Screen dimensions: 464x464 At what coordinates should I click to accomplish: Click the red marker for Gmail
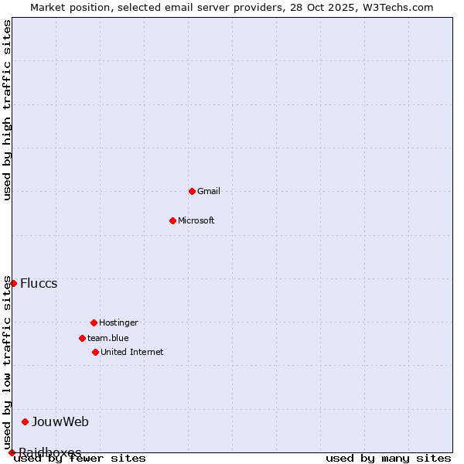[192, 191]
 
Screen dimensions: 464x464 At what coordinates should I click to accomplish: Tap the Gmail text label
[209, 191]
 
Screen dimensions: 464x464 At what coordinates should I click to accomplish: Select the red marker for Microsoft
[172, 220]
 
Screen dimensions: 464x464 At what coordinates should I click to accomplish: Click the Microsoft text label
[196, 220]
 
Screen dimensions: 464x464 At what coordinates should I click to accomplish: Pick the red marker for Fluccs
[13, 283]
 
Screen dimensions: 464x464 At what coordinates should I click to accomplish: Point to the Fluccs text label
[39, 283]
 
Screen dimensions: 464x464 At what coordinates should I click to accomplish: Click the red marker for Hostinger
[94, 322]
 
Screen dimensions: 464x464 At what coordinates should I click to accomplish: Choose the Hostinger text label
[118, 322]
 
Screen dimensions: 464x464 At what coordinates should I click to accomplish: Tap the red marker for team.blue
[82, 338]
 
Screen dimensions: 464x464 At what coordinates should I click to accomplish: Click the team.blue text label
[108, 338]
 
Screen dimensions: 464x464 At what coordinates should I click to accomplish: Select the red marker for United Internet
[95, 352]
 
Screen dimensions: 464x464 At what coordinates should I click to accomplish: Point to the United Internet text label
[132, 352]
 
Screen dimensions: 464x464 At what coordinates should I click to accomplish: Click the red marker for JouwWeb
[25, 421]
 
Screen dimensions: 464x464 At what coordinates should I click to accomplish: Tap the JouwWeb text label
[60, 421]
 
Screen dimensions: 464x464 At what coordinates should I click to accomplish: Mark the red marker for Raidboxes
[12, 452]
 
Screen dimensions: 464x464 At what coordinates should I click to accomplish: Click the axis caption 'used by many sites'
[388, 459]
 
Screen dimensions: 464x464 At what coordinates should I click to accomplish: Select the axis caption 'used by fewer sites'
[80, 459]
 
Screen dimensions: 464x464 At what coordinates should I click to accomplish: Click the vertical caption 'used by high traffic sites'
[7, 110]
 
